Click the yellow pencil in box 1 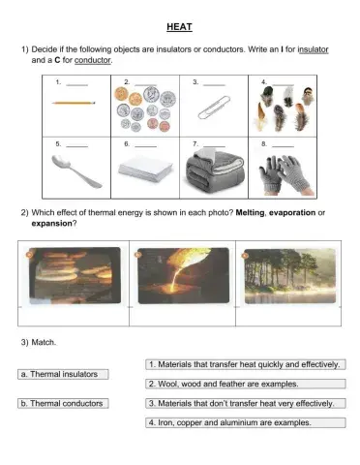coord(74,101)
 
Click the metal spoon coord(75,171)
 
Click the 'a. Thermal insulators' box coord(63,373)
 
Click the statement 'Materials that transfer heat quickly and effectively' coord(245,364)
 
